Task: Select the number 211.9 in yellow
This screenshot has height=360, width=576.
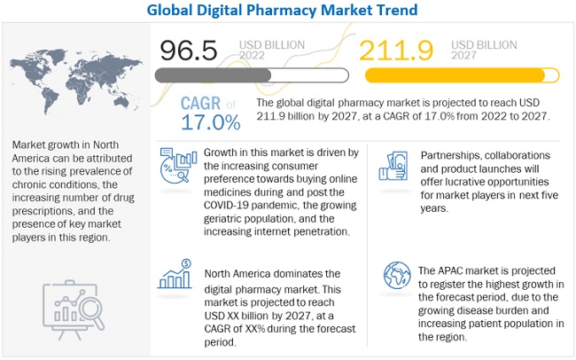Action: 395,50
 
